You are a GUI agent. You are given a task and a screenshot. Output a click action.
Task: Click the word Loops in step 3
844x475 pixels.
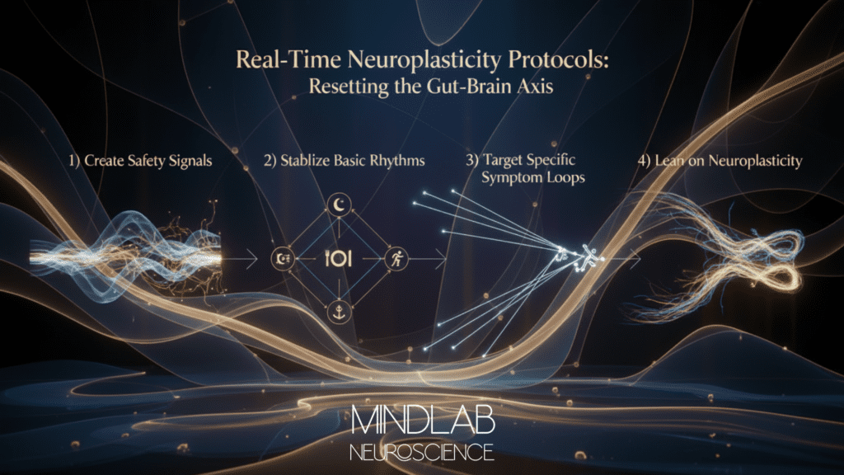564,176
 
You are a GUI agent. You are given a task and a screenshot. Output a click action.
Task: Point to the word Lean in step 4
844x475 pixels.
667,161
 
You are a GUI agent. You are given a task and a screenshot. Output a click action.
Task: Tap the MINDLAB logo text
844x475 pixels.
422,421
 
